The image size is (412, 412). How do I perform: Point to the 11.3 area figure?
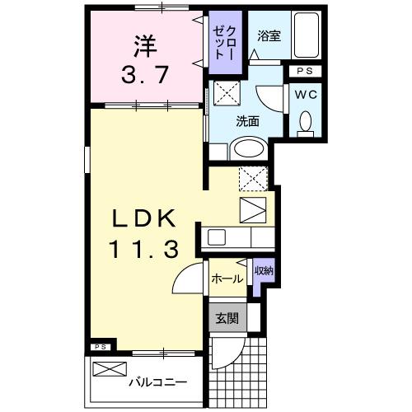pos(144,248)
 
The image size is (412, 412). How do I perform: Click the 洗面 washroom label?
pos(247,120)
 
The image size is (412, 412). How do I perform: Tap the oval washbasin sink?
pos(246,149)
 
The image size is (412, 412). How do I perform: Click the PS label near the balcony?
pos(100,347)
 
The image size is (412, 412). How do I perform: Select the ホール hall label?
pos(226,279)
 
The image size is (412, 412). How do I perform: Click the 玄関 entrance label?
pos(227,317)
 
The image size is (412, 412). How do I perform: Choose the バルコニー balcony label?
pos(157,383)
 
